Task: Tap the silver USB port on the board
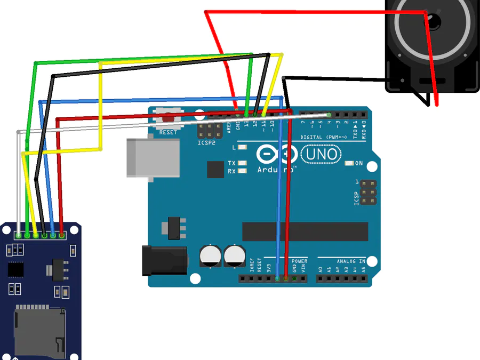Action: (153, 158)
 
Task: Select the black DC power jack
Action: (164, 261)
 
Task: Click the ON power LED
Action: (350, 163)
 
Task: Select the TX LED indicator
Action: (243, 163)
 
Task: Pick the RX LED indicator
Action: (243, 171)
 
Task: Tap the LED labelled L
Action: (243, 147)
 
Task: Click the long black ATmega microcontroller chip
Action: (305, 231)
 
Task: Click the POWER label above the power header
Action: (299, 261)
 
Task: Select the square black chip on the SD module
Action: (15, 269)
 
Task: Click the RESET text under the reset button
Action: (168, 132)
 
